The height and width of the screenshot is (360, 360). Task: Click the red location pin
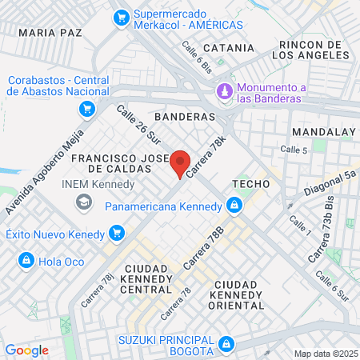pos(181,163)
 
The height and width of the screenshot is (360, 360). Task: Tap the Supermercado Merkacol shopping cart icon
pos(122,16)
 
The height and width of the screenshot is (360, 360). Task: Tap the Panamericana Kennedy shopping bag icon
pos(234,206)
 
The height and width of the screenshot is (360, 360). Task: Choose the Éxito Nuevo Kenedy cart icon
pos(117,234)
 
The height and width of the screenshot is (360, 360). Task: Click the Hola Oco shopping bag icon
pos(27,260)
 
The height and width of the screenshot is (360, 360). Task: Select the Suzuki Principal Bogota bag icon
pos(226,345)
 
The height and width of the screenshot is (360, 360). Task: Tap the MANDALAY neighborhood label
pos(323,131)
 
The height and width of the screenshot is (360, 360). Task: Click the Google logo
pos(26,350)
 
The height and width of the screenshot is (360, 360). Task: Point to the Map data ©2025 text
pos(324,354)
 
